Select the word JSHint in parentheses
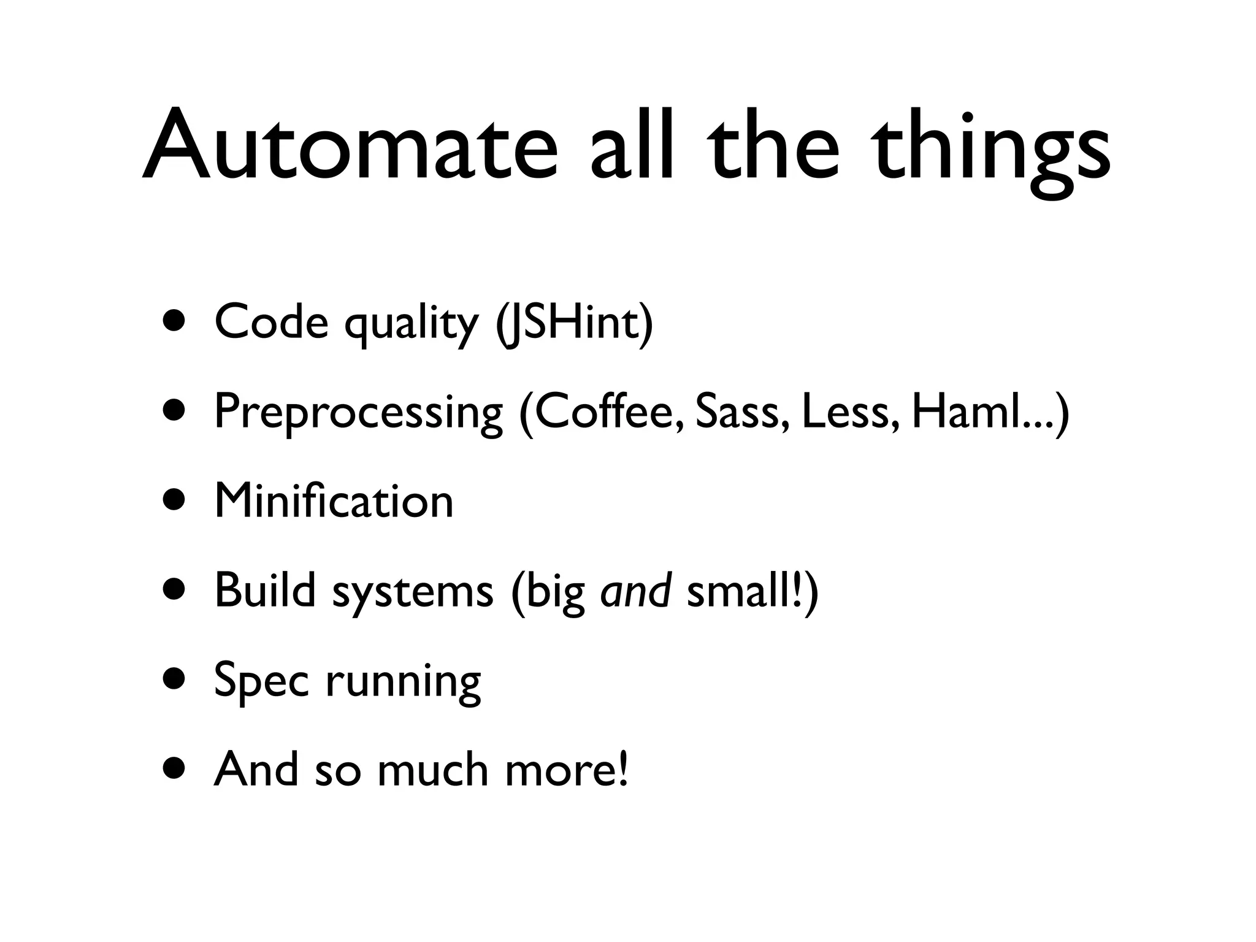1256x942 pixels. [575, 323]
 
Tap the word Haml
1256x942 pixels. [964, 412]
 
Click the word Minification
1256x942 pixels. [334, 501]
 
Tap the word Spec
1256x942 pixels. [261, 681]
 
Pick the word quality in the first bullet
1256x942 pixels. [411, 324]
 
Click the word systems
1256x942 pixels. [413, 592]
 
